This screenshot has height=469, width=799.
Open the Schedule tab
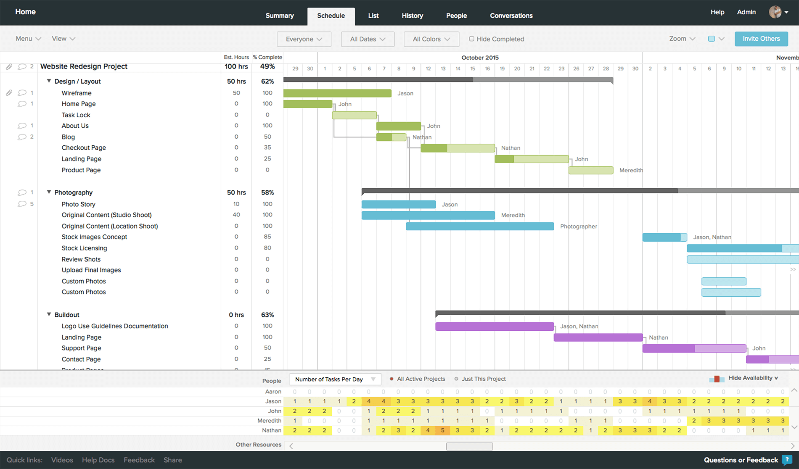[331, 16]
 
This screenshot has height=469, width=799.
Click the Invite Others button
[761, 39]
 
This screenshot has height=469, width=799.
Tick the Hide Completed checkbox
[471, 39]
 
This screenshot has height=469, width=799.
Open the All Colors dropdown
[431, 39]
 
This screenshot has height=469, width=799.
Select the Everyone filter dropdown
[304, 39]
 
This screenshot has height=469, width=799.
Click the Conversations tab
[511, 16]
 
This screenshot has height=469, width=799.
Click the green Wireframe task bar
[337, 93]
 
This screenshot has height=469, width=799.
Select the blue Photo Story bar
[398, 205]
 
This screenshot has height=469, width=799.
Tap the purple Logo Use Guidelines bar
[494, 327]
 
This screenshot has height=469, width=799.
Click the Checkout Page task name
[84, 148]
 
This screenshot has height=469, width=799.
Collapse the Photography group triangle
[49, 192]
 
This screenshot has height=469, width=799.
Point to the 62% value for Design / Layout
[267, 82]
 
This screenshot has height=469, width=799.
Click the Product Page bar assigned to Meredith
[590, 170]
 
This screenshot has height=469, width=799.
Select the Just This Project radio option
[456, 379]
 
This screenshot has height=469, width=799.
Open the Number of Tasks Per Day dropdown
[335, 379]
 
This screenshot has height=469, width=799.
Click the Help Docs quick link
[98, 460]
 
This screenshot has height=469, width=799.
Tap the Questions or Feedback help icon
[786, 460]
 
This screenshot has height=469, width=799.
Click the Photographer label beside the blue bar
[578, 227]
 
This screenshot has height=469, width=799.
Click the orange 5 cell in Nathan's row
[442, 430]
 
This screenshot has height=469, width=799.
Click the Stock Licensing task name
[84, 248]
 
